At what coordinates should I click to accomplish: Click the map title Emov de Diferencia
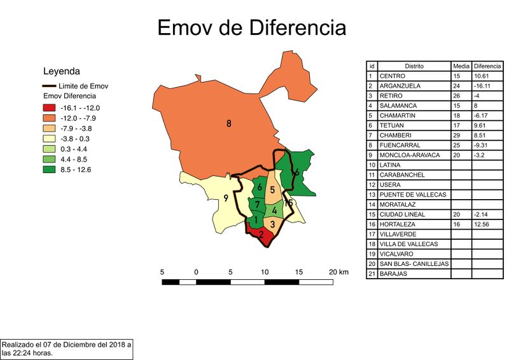click(252, 28)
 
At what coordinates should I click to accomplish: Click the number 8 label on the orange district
click(229, 124)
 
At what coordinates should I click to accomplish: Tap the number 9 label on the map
click(225, 198)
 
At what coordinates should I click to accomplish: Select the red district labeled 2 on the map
click(261, 235)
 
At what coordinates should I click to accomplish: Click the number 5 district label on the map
click(272, 190)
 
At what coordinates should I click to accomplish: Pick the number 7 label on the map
click(257, 205)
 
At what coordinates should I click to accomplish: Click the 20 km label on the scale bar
click(338, 272)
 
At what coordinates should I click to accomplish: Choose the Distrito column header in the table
click(413, 66)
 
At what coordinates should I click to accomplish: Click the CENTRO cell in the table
click(392, 76)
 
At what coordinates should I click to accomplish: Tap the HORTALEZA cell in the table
click(398, 225)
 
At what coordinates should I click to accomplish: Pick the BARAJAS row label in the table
click(394, 274)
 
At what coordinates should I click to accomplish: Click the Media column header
click(461, 66)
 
